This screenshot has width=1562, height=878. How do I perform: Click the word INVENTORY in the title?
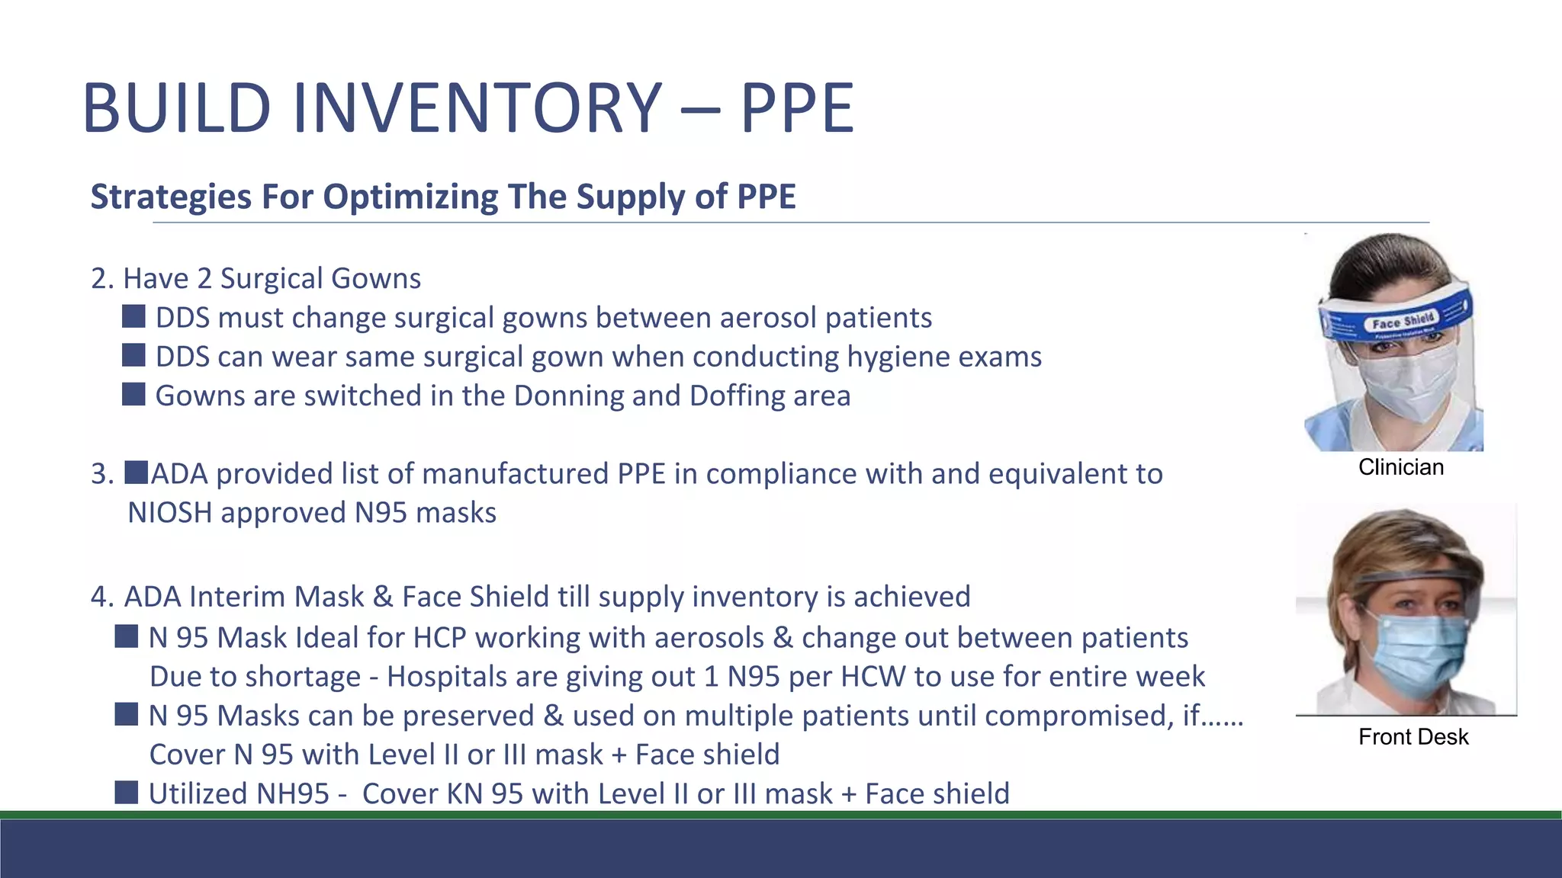click(477, 108)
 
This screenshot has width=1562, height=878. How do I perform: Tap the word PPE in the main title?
click(797, 108)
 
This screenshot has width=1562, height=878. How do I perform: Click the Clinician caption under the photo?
click(1401, 467)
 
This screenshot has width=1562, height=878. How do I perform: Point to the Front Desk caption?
click(1413, 737)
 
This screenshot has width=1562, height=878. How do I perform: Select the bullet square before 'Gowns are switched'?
click(133, 395)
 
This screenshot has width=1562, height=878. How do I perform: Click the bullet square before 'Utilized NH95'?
click(127, 793)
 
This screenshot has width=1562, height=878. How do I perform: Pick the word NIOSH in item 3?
click(170, 513)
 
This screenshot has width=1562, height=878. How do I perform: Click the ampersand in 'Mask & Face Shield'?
click(383, 597)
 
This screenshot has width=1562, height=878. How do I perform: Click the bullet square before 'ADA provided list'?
click(137, 473)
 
